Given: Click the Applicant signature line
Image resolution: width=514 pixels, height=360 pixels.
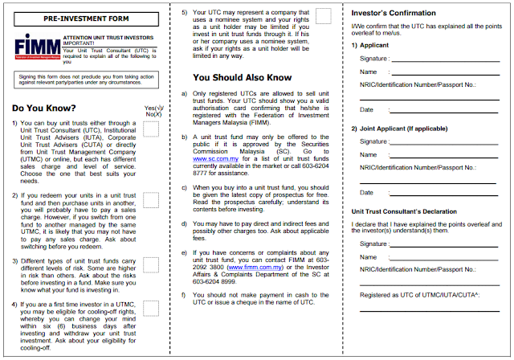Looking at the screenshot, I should (x=447, y=59).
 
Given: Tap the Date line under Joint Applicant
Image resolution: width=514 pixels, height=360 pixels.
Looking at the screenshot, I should (x=447, y=195).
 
